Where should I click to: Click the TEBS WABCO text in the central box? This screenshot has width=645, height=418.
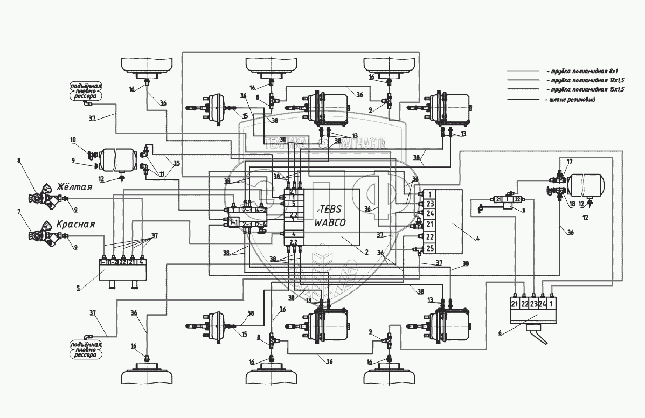point(332,214)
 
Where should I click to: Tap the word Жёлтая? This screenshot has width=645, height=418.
point(75,188)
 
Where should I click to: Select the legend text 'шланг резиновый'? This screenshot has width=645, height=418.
point(570,100)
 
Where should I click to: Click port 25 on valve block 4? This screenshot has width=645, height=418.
point(429,248)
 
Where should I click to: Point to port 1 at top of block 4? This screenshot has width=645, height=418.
point(429,194)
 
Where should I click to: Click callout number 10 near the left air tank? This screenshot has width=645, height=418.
point(73,140)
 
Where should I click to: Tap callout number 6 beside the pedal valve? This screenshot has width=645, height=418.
point(500,333)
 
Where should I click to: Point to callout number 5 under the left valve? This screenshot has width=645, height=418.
point(78,288)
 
